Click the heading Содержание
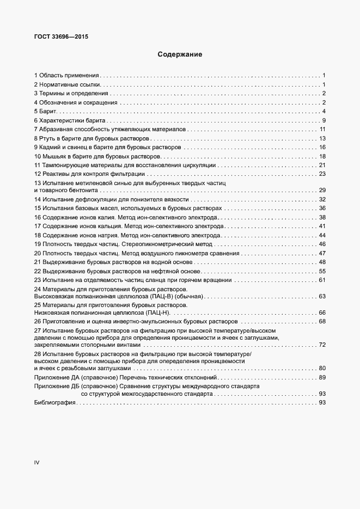[180, 54]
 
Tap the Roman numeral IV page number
[37, 462]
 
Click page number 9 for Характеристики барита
[324, 120]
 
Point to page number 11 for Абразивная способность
[322, 129]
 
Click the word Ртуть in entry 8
[49, 138]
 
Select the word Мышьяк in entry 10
[54, 156]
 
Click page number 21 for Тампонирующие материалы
[322, 165]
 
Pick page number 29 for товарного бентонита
[322, 190]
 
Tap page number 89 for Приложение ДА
[322, 377]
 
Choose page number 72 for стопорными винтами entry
[322, 345]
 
